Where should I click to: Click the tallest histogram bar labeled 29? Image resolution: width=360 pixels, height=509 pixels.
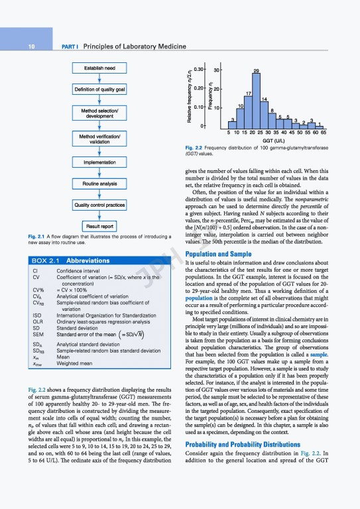(256, 99)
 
